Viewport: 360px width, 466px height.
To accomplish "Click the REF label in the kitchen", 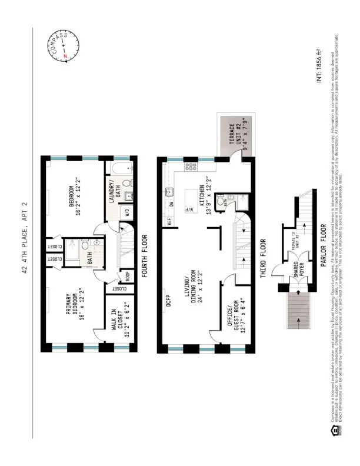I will [x=169, y=221].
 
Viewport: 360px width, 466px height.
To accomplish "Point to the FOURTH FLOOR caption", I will [x=144, y=259].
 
